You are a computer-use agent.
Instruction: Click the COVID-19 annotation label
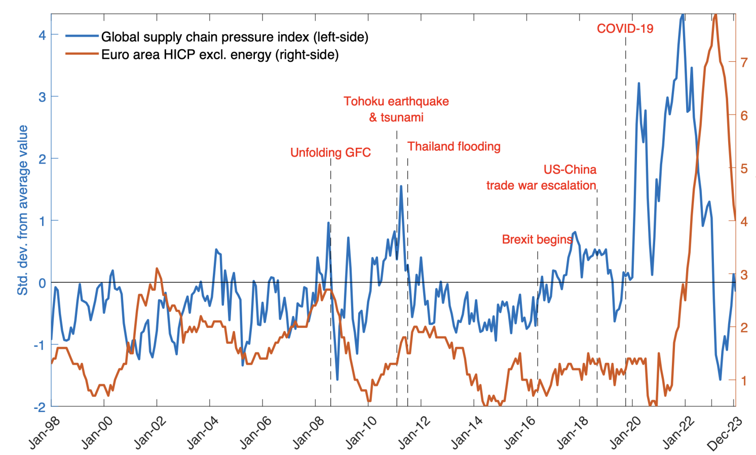(x=625, y=29)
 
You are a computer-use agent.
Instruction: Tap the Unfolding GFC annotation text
(x=330, y=153)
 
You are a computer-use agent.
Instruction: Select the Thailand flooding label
(x=454, y=147)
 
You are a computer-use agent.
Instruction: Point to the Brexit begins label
(x=537, y=239)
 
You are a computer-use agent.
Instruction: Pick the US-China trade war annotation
(x=541, y=178)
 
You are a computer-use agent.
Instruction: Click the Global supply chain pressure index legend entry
(x=235, y=37)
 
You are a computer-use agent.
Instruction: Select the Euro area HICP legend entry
(x=220, y=55)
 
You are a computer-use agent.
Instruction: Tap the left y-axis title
(x=23, y=210)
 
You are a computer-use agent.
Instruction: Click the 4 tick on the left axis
(x=42, y=35)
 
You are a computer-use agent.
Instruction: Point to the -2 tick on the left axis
(x=40, y=407)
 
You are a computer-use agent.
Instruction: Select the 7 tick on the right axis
(x=744, y=62)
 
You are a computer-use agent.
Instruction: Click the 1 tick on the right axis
(x=744, y=381)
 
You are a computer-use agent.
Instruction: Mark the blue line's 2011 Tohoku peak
(x=401, y=186)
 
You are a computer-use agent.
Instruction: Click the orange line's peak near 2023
(x=715, y=15)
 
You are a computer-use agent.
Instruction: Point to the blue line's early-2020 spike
(x=638, y=83)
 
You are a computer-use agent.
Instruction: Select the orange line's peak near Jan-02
(x=157, y=269)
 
